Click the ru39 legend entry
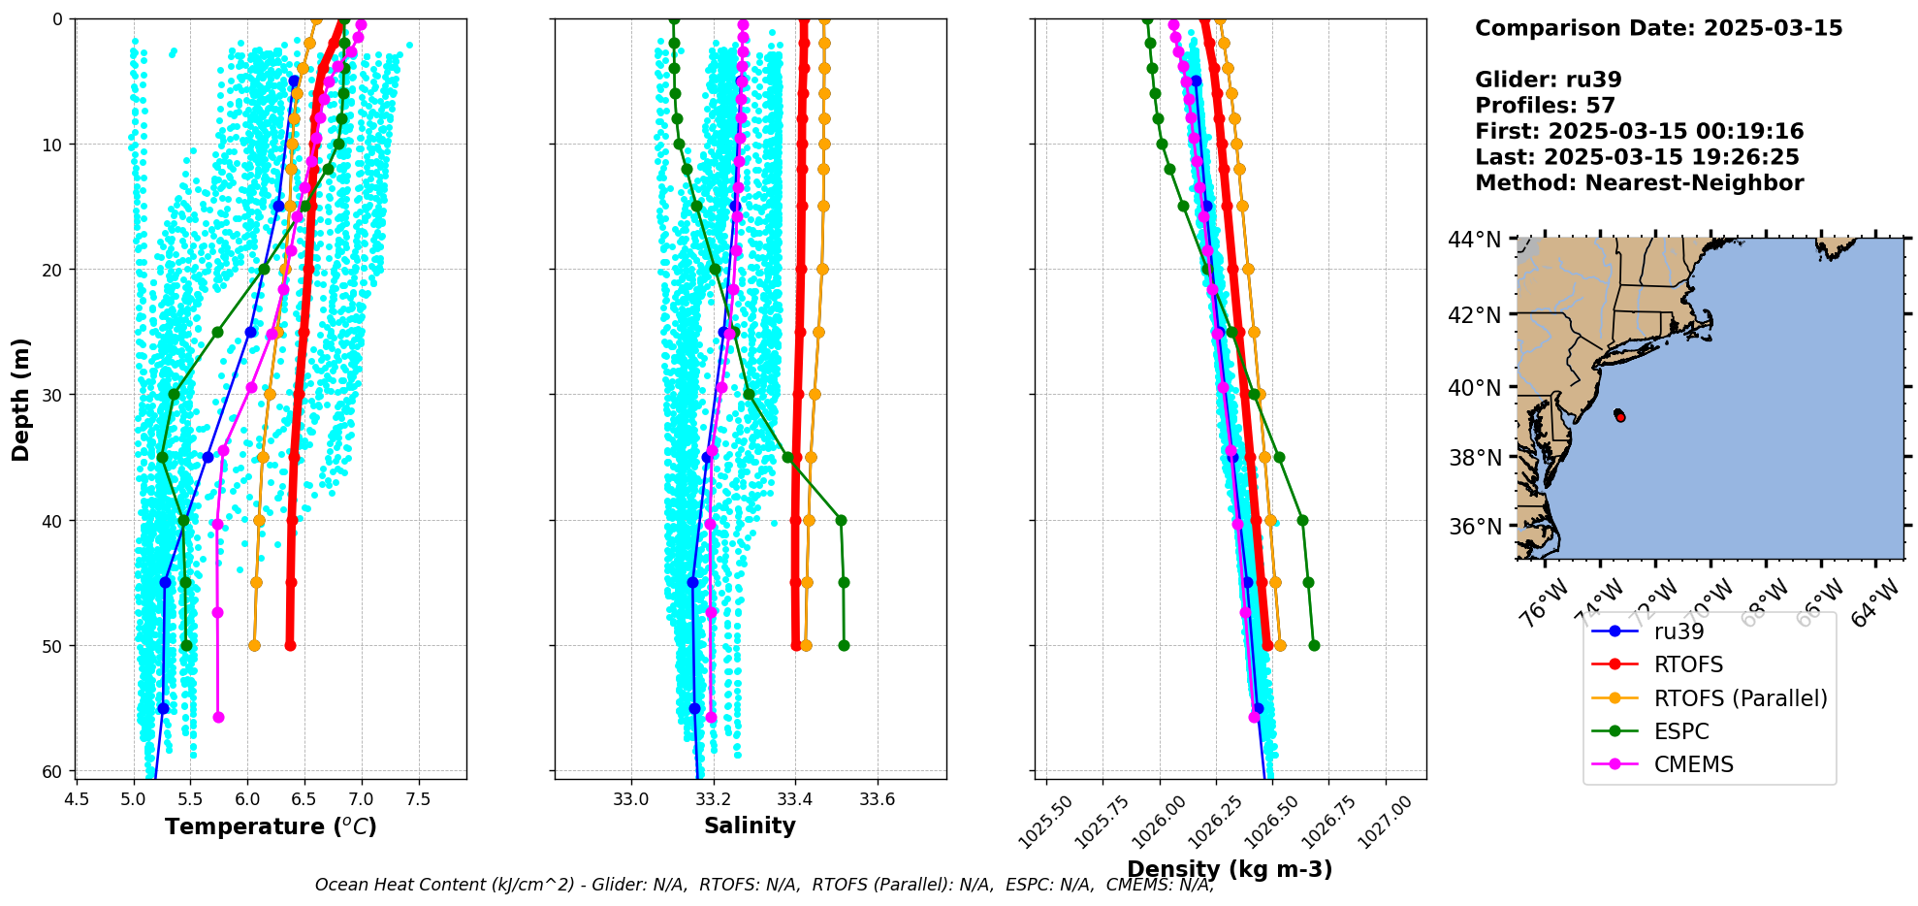coord(1678,631)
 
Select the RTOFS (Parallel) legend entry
coord(1740,698)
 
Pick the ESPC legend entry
coord(1680,731)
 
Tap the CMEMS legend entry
coord(1693,764)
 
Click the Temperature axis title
coord(271,826)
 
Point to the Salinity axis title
coord(750,825)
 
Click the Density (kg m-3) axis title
coord(1230,869)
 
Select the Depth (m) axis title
coord(21,399)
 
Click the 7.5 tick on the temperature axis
coord(418,799)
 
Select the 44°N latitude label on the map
coord(1474,240)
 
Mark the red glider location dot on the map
coord(1620,417)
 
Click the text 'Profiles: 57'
coord(1545,106)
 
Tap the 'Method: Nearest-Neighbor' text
coord(1639,183)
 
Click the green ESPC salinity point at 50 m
coord(844,646)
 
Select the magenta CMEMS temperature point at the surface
coord(361,25)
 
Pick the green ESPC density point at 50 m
coord(1314,646)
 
